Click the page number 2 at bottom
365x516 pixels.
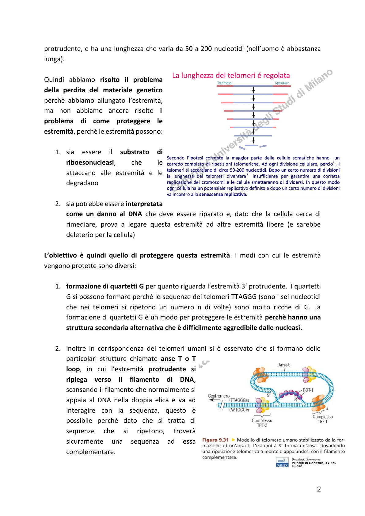click(x=319, y=489)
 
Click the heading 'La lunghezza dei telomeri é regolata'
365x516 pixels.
click(x=231, y=75)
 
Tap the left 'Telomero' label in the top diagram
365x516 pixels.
click(x=224, y=83)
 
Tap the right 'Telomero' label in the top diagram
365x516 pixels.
click(x=282, y=83)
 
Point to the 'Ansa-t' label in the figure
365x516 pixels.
click(x=284, y=365)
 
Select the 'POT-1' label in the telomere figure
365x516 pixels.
click(x=308, y=390)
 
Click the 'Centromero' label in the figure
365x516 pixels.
click(x=219, y=396)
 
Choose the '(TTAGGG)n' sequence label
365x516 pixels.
click(x=239, y=400)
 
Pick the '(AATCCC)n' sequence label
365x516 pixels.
click(x=239, y=410)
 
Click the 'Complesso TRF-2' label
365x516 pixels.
click(x=262, y=423)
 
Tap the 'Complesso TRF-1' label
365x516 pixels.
click(x=323, y=419)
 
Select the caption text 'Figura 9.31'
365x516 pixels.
click(x=215, y=440)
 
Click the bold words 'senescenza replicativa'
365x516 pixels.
click(x=222, y=194)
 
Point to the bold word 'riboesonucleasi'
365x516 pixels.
click(x=90, y=162)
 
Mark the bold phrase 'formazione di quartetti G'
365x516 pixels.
click(x=105, y=286)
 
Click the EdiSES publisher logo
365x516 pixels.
click(x=282, y=462)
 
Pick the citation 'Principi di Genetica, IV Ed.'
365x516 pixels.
click(x=314, y=463)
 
